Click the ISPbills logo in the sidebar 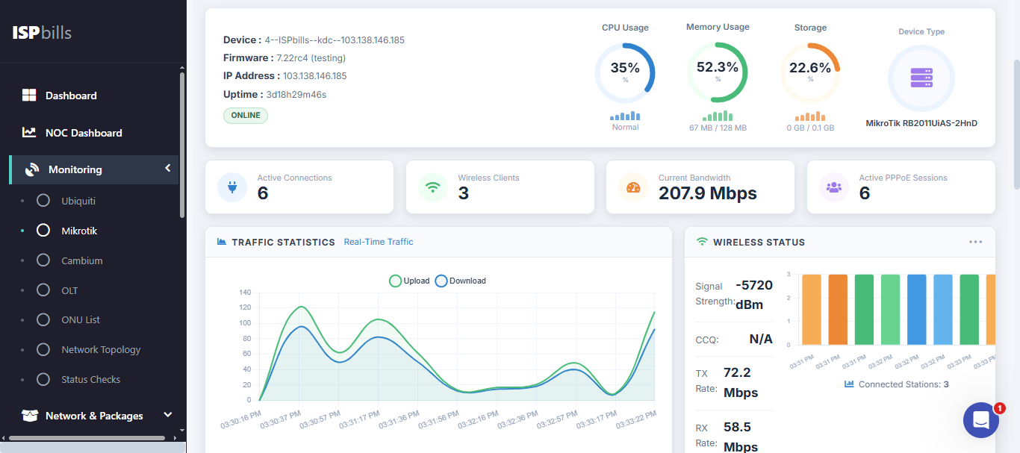pyautogui.click(x=42, y=33)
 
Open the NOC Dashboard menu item pyautogui.click(x=83, y=133)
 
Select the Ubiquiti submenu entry pyautogui.click(x=78, y=201)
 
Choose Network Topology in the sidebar pyautogui.click(x=100, y=349)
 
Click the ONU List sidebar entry pyautogui.click(x=80, y=319)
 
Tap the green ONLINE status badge pyautogui.click(x=246, y=116)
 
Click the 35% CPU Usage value pyautogui.click(x=625, y=68)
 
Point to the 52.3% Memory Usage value pyautogui.click(x=717, y=67)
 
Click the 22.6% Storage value pyautogui.click(x=810, y=68)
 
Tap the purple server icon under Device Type pyautogui.click(x=921, y=78)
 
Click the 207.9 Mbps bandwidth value pyautogui.click(x=707, y=194)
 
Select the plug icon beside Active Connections pyautogui.click(x=232, y=187)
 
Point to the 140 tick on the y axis pyautogui.click(x=245, y=293)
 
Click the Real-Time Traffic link pyautogui.click(x=378, y=242)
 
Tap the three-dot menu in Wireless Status pyautogui.click(x=975, y=242)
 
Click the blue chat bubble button pyautogui.click(x=980, y=420)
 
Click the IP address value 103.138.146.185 pyautogui.click(x=314, y=76)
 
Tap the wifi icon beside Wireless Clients pyautogui.click(x=432, y=187)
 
